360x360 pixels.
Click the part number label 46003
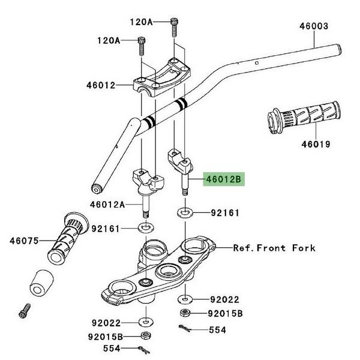(314, 26)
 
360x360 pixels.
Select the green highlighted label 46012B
(224, 179)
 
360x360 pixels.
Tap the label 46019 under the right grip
(316, 145)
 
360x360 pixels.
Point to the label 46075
(24, 241)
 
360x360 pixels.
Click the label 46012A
(107, 204)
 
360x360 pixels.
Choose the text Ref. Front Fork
(274, 248)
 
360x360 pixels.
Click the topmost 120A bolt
(174, 28)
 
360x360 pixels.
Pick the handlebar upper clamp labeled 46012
(162, 77)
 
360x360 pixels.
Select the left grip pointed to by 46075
(68, 238)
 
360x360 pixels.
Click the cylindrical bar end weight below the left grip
(41, 283)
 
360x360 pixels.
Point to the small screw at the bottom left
(25, 311)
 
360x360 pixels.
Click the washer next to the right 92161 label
(185, 213)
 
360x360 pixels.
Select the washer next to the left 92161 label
(146, 228)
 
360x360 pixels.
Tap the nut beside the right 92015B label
(185, 313)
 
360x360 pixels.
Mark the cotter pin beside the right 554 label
(185, 328)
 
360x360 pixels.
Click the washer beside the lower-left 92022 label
(146, 322)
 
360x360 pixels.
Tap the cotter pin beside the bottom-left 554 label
(144, 350)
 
